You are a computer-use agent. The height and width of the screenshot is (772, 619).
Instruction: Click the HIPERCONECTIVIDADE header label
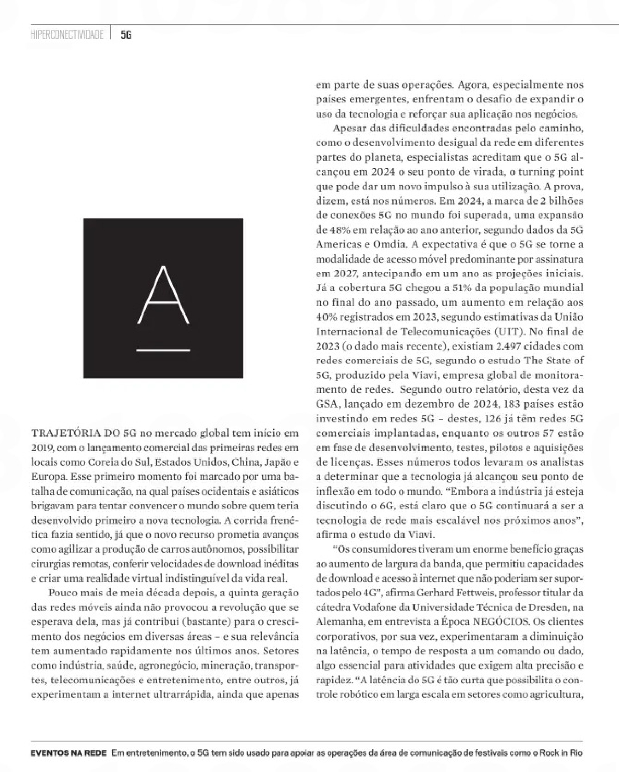[x=67, y=35]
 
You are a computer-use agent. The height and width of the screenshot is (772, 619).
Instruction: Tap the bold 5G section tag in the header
[x=126, y=35]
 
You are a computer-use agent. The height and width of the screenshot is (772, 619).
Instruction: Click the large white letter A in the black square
[x=163, y=295]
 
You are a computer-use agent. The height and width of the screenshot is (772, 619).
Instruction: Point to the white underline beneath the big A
[x=163, y=350]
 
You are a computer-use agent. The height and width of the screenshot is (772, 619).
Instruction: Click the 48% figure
[x=328, y=230]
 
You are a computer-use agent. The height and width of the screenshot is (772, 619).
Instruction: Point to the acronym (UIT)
[x=498, y=331]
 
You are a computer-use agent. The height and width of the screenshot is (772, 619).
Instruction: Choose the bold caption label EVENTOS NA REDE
[x=68, y=753]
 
